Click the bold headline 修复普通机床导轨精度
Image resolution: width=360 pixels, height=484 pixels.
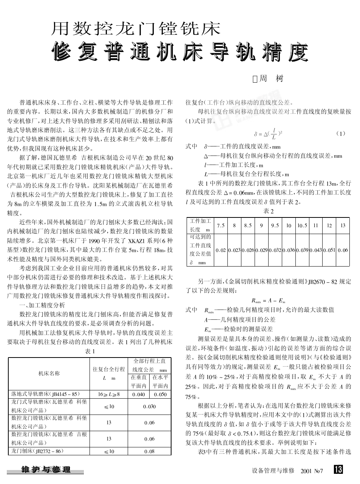(180, 52)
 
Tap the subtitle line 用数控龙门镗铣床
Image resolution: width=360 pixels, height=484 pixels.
(136, 29)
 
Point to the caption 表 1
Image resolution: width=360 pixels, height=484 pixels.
(90, 351)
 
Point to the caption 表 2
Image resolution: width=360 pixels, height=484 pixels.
(268, 211)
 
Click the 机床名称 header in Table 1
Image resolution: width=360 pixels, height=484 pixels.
(49, 373)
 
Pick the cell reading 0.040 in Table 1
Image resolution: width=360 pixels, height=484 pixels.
(139, 394)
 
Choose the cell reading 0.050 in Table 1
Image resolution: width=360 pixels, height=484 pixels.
(160, 394)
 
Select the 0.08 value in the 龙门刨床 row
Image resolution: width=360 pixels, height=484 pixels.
(149, 451)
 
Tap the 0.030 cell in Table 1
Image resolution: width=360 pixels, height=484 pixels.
(149, 407)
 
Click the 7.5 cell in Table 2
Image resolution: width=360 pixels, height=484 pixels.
(221, 225)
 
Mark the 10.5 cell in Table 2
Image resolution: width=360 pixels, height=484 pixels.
(302, 225)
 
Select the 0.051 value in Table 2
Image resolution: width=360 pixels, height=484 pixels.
(329, 250)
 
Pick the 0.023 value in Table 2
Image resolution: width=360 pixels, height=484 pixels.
(234, 250)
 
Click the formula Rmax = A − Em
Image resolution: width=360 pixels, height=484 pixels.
(268, 301)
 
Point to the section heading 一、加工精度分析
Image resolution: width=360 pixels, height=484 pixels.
(42, 305)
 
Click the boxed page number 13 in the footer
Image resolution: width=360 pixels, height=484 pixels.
(338, 469)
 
